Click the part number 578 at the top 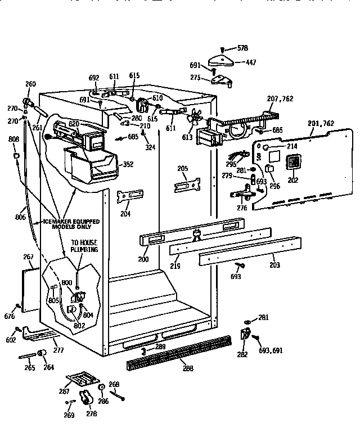242,48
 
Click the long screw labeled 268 118,395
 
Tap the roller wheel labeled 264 42,353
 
